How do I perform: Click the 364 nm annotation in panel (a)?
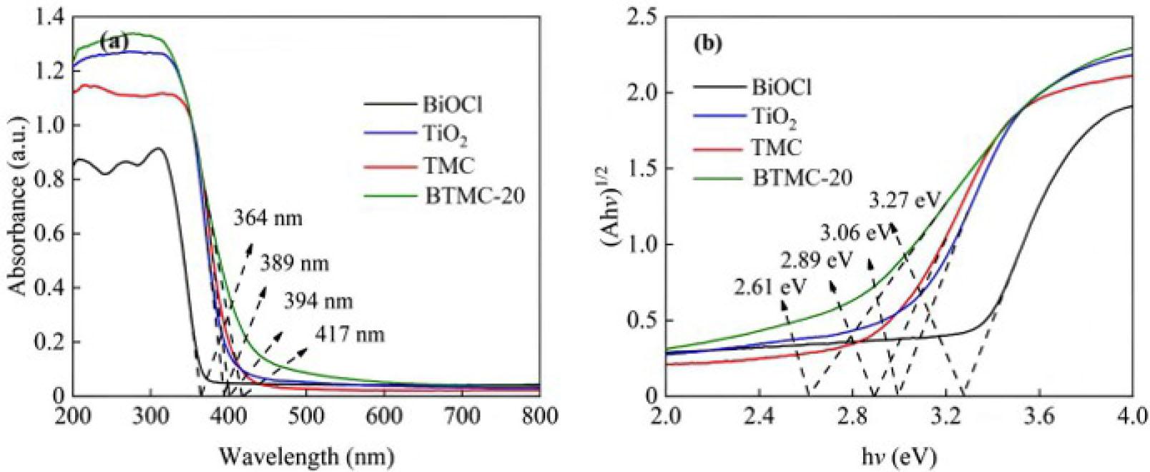pos(267,217)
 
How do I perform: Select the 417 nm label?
pos(350,334)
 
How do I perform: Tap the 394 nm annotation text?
pos(318,301)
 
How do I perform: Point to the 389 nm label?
pos(294,263)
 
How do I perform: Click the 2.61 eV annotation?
pos(770,287)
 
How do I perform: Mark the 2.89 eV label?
pos(816,260)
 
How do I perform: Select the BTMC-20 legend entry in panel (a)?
pos(474,195)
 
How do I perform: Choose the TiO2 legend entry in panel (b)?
pos(773,117)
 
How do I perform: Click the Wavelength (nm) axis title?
pos(306,455)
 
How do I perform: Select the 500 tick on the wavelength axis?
pos(306,416)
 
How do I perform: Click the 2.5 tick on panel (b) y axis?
pos(641,18)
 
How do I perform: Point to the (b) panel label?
pos(707,44)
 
